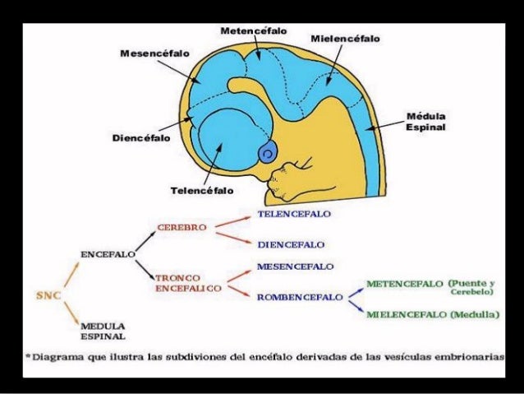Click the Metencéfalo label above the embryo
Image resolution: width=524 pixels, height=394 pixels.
253,30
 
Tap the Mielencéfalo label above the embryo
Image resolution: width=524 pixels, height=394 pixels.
345,39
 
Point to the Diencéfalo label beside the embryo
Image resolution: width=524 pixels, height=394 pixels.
141,138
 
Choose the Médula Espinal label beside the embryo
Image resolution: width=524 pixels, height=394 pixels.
426,123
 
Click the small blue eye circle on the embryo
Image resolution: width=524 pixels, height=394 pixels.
267,153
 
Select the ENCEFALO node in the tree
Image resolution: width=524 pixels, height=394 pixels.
108,254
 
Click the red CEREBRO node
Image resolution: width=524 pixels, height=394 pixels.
181,225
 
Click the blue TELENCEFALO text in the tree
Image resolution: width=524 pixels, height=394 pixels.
293,213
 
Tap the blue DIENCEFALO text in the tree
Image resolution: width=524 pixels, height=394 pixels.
291,244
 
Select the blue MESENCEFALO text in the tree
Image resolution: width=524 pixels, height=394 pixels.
294,267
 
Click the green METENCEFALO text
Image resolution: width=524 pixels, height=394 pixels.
404,283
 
